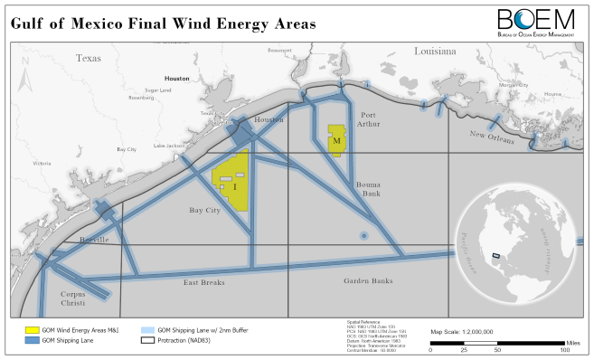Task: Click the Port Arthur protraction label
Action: tap(368, 120)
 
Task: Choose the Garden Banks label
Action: tap(368, 281)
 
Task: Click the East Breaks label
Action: tap(203, 282)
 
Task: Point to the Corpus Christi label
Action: tap(79, 299)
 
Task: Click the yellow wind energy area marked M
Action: tap(336, 141)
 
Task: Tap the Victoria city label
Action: tap(42, 164)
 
